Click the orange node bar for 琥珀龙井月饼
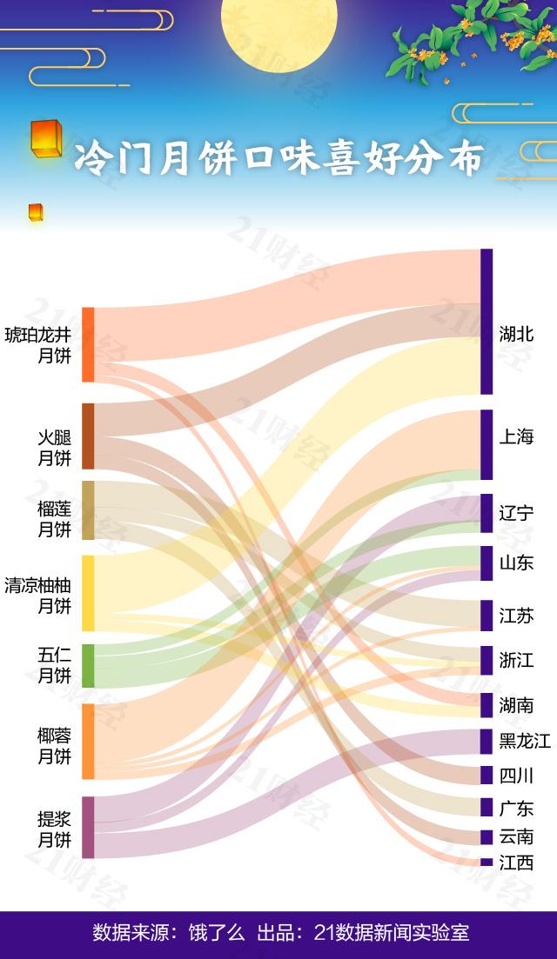point(88,344)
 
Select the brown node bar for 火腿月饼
point(88,436)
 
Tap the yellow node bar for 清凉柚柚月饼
point(88,593)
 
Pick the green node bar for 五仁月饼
point(88,666)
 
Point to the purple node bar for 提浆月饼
point(88,827)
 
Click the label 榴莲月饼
point(54,519)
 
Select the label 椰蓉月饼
point(54,746)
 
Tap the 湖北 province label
point(516,334)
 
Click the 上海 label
point(516,436)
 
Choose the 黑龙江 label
point(525,741)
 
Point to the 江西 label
point(516,862)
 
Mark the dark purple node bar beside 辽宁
point(487,513)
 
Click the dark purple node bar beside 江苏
point(487,616)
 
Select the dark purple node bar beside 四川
point(487,776)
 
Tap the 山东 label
point(516,563)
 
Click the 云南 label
point(516,836)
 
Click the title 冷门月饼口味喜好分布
point(278,159)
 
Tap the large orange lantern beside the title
point(45,137)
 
